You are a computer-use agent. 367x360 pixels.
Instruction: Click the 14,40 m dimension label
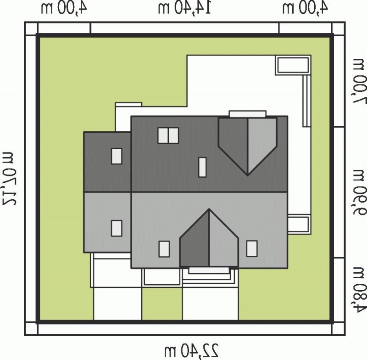[x=184, y=8]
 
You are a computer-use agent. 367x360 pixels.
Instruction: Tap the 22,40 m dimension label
[x=192, y=350]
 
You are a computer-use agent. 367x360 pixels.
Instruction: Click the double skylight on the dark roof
[x=168, y=135]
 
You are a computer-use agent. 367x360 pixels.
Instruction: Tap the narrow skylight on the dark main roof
[x=202, y=167]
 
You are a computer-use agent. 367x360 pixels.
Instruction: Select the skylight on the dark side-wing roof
[x=117, y=156]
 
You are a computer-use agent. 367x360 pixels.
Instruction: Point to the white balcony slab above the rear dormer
[x=248, y=114]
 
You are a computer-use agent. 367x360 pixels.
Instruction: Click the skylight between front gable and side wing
[x=164, y=249]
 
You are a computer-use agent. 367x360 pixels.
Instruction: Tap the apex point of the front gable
[x=209, y=209]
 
